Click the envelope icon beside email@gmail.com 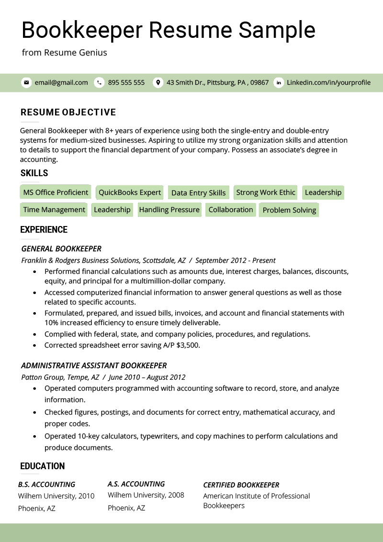pos(26,82)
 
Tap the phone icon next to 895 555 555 pos(99,82)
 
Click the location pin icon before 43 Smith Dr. pos(158,82)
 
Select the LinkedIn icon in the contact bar pos(279,82)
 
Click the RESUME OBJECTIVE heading pos(68,113)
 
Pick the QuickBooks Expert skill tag pos(130,192)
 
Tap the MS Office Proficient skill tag pos(56,192)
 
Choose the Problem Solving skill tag pos(289,210)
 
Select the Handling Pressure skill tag pos(169,210)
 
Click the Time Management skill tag pos(54,210)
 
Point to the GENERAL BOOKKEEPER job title pos(61,249)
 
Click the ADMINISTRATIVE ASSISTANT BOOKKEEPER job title pos(94,366)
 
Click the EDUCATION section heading pos(43,466)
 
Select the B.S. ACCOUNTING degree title pos(46,485)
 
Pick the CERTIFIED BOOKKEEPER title pos(241,485)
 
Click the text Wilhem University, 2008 pos(146,495)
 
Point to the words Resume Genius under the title pos(75,53)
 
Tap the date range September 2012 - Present pos(235,260)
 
